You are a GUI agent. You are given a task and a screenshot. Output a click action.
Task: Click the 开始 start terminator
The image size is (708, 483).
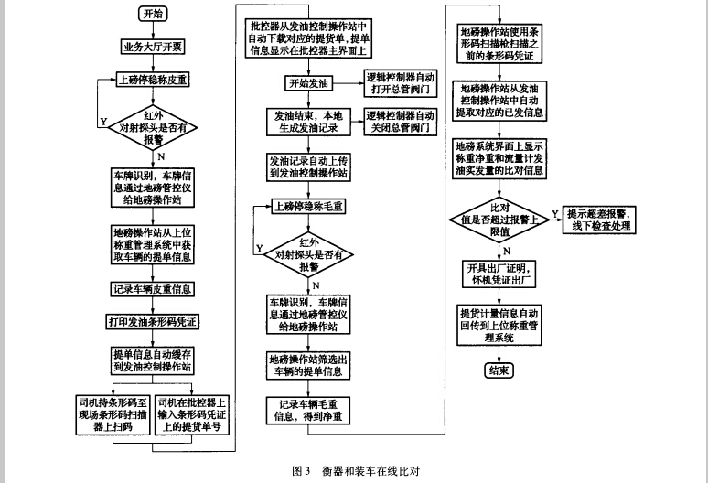coord(152,14)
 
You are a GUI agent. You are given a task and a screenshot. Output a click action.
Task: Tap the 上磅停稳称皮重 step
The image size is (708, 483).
coord(153,79)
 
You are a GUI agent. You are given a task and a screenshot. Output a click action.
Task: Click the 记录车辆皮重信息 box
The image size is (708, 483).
coord(153,289)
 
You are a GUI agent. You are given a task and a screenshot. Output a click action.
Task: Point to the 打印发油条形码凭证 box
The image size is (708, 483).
coord(153,321)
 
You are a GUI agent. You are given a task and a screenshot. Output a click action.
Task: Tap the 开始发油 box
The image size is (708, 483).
coord(308,84)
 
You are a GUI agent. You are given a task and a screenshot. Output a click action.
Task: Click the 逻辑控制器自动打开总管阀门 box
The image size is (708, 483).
coord(400,84)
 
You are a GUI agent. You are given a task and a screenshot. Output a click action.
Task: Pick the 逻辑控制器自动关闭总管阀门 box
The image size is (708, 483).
coord(400,123)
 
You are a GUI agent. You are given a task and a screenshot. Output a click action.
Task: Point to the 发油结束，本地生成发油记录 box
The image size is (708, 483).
coord(308,123)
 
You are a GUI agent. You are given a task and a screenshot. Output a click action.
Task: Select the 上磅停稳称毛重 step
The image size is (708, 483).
coord(308,206)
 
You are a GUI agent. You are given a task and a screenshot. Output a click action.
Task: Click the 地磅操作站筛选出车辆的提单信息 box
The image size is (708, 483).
coord(308,364)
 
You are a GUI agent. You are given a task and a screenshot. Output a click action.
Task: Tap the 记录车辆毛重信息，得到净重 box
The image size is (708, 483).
coord(308,410)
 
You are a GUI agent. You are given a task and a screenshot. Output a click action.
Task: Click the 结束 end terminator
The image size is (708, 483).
coord(499,370)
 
